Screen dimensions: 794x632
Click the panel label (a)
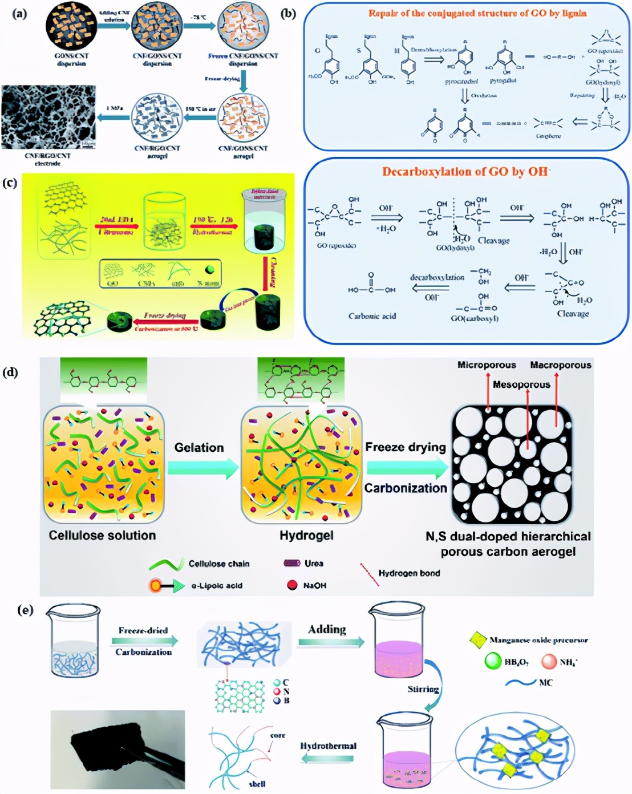click(19, 14)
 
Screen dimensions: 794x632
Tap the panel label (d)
click(11, 372)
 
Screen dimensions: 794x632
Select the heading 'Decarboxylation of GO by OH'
click(466, 172)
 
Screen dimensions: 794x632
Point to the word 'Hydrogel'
click(306, 536)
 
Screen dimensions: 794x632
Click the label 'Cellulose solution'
click(102, 536)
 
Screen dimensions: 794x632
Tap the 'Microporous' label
click(487, 365)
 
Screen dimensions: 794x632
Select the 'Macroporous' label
click(560, 365)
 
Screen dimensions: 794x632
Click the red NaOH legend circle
click(293, 585)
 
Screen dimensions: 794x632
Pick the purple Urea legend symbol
click(292, 564)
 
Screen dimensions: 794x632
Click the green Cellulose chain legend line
click(166, 564)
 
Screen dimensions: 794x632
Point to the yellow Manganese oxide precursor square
click(477, 640)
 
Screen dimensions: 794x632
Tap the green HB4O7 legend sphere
click(492, 662)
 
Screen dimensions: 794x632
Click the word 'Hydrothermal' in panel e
click(328, 746)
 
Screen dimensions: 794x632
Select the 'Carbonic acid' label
click(372, 316)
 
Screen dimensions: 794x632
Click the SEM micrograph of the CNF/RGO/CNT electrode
click(48, 118)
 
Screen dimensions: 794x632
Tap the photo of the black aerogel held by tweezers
click(118, 749)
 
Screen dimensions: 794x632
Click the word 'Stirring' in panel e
click(423, 689)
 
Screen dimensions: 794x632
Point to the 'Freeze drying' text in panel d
click(406, 447)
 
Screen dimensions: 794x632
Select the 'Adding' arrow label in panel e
click(327, 630)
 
